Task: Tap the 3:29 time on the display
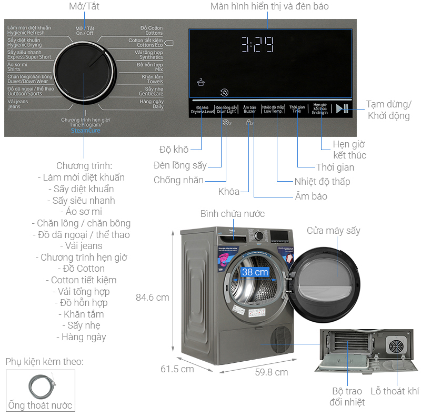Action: pyautogui.click(x=257, y=45)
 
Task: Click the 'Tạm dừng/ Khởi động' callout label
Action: pyautogui.click(x=389, y=110)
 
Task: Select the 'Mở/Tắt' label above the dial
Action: pyautogui.click(x=84, y=7)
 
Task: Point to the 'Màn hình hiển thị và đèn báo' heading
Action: pyautogui.click(x=269, y=7)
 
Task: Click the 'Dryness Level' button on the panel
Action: pyautogui.click(x=202, y=110)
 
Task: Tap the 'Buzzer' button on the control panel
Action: pyautogui.click(x=249, y=110)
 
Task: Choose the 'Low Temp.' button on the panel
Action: pyautogui.click(x=273, y=110)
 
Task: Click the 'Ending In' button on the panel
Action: pyautogui.click(x=320, y=109)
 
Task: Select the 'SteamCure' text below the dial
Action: pyautogui.click(x=85, y=131)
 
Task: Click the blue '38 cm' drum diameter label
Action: pyautogui.click(x=255, y=272)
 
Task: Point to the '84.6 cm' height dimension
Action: pyautogui.click(x=153, y=298)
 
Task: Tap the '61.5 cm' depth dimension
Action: pyautogui.click(x=177, y=369)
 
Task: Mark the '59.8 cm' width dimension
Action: pyautogui.click(x=271, y=372)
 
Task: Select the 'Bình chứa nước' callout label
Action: pyautogui.click(x=233, y=214)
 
